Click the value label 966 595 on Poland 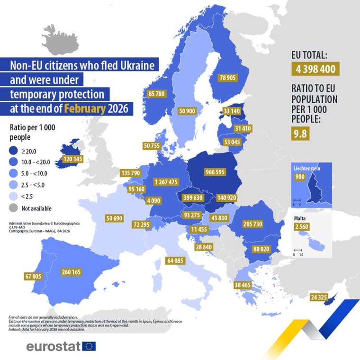point(215,171)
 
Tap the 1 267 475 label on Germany point(166,182)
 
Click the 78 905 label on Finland point(227,77)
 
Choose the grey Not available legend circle point(17,208)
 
